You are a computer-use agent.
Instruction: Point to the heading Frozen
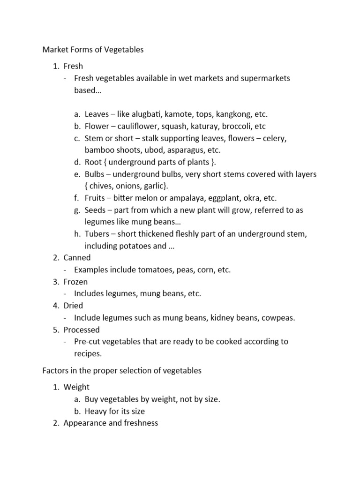click(76, 282)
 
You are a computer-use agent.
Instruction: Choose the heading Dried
click(74, 305)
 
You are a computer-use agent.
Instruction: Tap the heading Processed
click(82, 330)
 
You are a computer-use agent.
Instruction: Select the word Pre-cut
click(87, 341)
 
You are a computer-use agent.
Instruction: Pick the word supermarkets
click(265, 78)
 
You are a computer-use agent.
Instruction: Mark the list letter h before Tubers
click(77, 233)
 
